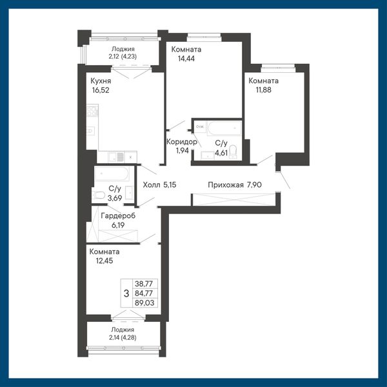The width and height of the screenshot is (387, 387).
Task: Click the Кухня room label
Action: coord(101,81)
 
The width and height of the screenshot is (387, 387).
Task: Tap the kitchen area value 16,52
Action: coord(101,90)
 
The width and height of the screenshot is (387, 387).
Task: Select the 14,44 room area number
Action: coord(186,59)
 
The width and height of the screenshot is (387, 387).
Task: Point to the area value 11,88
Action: coord(263,90)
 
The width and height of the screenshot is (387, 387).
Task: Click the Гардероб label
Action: coord(118,215)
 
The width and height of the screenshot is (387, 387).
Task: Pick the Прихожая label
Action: coord(226,185)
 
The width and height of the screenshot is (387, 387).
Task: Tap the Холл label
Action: coord(152,184)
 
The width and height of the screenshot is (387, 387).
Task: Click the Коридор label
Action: coord(182,142)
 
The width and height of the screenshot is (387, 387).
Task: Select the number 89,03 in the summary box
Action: coord(144,303)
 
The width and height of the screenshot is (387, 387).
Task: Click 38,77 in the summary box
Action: coord(144,284)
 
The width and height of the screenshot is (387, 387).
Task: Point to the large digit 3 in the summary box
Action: coord(126,293)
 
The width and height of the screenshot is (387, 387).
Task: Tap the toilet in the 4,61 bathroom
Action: coord(233,151)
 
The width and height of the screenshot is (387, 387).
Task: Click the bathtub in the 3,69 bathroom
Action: coord(112,174)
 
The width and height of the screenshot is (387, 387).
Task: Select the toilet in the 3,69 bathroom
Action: coord(99,195)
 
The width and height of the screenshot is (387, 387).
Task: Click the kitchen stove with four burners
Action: coord(92,110)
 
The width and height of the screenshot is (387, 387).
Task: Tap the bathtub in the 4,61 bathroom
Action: coord(224,128)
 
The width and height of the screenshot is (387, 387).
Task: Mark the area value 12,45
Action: coord(104,261)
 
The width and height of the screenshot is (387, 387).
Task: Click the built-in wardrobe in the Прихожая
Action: coord(234,199)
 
